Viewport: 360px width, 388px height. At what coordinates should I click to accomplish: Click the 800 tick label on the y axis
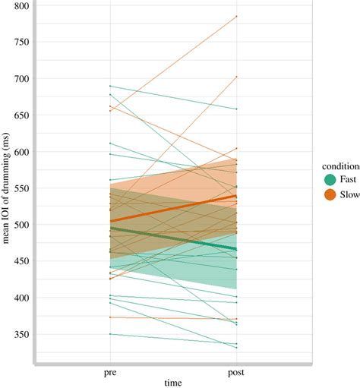20,6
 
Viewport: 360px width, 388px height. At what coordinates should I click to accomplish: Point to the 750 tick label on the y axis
20,43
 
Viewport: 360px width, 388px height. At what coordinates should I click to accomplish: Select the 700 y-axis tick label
20,79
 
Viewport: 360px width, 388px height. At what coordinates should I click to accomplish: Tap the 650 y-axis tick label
20,115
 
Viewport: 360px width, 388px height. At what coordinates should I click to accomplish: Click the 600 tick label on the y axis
20,152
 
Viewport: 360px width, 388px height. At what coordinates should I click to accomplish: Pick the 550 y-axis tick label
20,188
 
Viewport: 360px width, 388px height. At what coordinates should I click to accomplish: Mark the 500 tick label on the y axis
20,225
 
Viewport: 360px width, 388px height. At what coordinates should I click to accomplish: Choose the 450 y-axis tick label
20,261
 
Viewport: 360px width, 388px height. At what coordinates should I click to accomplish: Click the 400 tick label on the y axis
20,298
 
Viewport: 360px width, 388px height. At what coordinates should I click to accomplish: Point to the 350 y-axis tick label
20,334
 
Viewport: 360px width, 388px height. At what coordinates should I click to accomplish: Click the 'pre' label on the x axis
110,374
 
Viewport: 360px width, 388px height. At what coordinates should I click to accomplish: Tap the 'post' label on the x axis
236,374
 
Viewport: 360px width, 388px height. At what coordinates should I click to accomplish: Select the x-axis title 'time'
173,383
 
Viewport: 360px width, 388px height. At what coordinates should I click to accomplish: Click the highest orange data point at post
236,16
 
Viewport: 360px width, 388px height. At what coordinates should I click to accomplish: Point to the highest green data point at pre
110,86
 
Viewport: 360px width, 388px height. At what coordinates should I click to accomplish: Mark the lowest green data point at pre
110,334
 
